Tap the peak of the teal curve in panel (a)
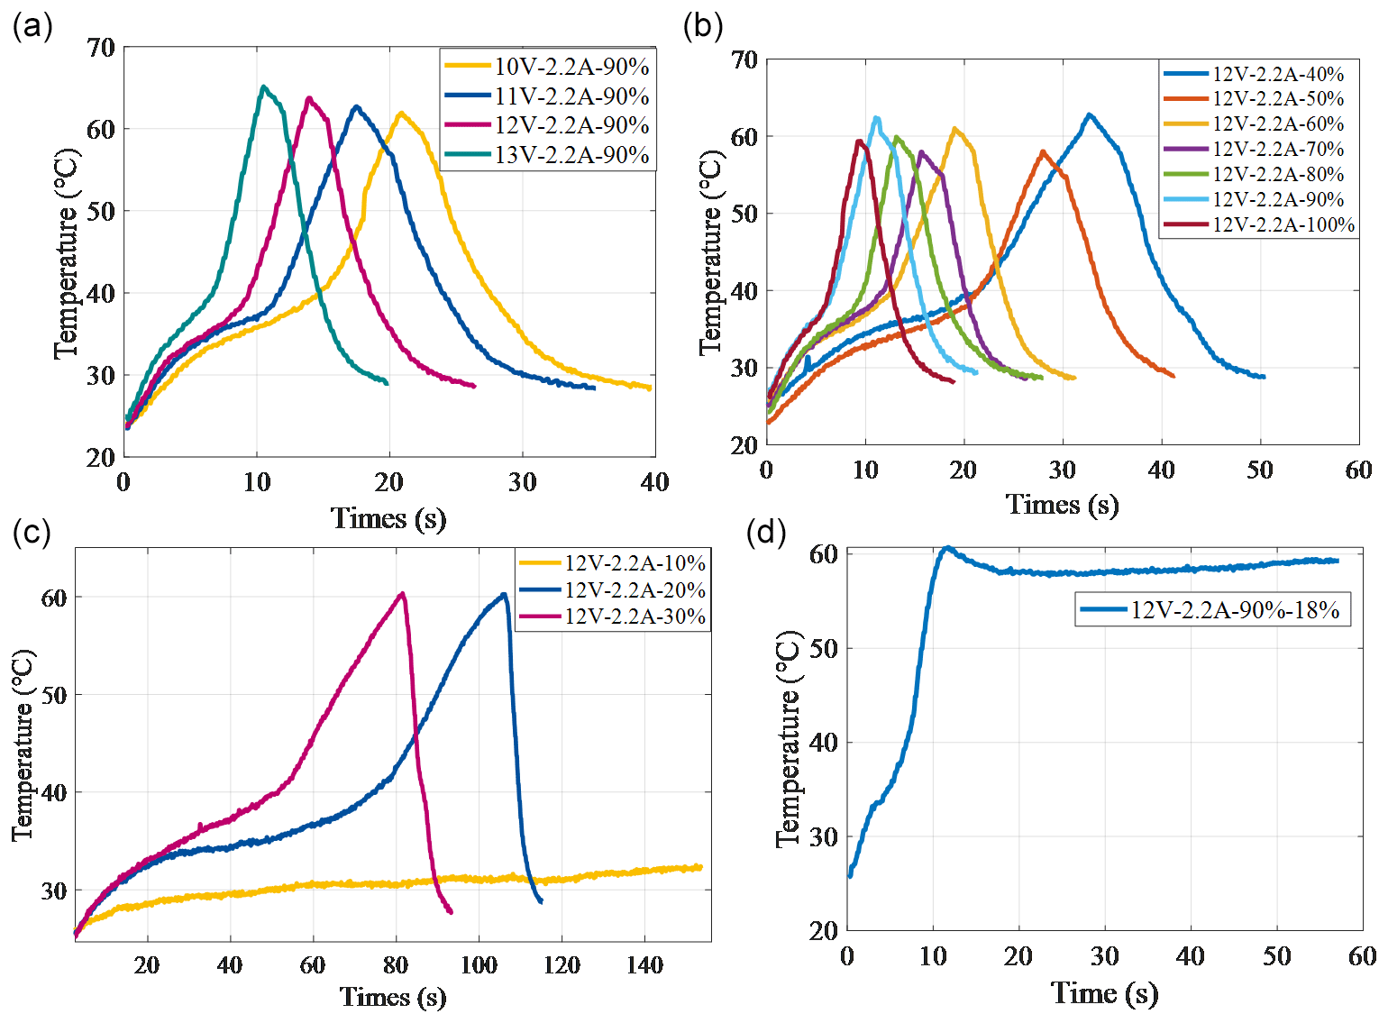point(263,87)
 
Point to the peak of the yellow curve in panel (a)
point(400,114)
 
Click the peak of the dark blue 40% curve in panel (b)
point(1090,115)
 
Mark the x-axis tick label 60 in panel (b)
point(1358,470)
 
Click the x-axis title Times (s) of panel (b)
point(1062,505)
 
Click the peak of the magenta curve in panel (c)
point(403,594)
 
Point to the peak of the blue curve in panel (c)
point(504,595)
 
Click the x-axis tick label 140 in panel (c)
point(644,965)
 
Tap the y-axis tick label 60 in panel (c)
point(54,598)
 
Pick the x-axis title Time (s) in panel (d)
point(1104,993)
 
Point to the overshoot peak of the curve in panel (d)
point(946,548)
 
